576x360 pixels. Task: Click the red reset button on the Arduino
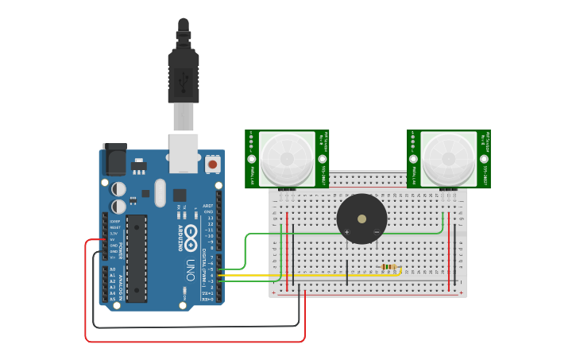coord(212,164)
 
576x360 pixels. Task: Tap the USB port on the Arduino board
coord(184,153)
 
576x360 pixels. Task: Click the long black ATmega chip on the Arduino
coord(136,258)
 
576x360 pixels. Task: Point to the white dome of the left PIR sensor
coord(287,158)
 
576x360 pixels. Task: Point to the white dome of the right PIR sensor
coord(449,158)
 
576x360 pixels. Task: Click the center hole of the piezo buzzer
coord(362,219)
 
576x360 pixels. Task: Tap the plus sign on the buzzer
coord(346,232)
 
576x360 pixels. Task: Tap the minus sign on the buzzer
coord(377,232)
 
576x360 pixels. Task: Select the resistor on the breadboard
coord(389,267)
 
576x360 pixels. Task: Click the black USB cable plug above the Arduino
coord(184,75)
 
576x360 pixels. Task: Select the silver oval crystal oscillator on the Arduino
coord(160,192)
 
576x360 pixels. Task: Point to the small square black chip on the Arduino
coord(180,195)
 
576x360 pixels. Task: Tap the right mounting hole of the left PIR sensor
coord(321,159)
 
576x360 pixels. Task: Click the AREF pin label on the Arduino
coord(208,206)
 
